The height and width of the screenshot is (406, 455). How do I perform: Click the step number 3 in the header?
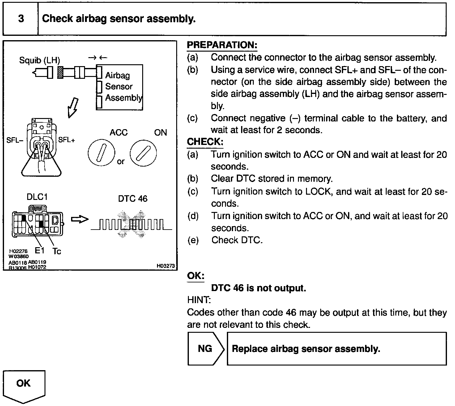21,19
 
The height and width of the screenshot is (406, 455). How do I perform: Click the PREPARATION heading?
222,45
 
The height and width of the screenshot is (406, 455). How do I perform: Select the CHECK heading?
205,142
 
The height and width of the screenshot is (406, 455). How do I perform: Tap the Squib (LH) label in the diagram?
40,60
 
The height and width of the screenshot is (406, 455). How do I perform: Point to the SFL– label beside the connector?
15,140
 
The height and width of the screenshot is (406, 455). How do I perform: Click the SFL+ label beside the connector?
67,140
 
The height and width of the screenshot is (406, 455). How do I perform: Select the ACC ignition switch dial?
101,153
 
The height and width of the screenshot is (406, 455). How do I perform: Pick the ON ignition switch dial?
143,153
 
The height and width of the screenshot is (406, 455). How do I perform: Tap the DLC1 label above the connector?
37,197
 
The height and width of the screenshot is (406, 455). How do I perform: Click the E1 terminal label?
39,251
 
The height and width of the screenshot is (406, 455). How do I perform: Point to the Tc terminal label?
57,252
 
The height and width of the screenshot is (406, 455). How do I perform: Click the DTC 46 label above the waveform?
133,199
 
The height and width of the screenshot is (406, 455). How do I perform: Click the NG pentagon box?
205,349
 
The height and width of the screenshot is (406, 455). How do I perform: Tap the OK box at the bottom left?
24,384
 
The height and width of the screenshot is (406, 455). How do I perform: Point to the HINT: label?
199,300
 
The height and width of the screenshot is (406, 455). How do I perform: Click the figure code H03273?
166,266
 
